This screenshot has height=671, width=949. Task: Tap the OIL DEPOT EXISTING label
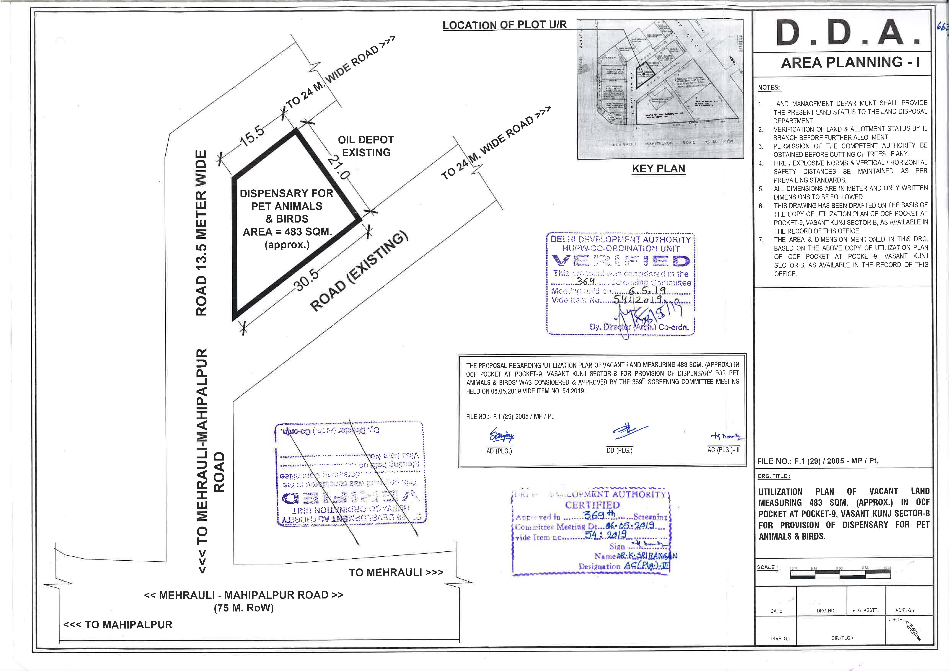[366, 146]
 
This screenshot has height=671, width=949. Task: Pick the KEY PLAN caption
[658, 169]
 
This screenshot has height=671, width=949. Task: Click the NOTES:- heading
[770, 88]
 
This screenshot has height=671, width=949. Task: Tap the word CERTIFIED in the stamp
[592, 505]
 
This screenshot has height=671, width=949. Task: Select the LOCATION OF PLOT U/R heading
[504, 25]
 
